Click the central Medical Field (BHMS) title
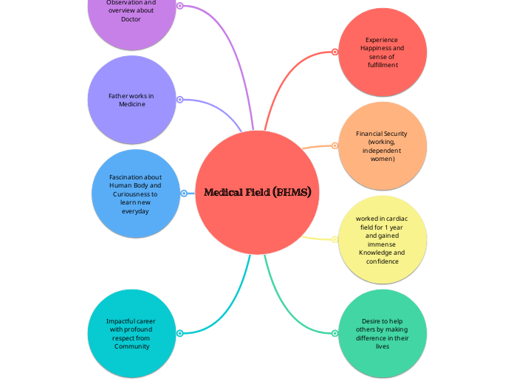[x=257, y=193]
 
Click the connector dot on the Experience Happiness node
[x=335, y=52]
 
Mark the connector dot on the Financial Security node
[x=335, y=145]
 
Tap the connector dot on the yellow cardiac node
[x=335, y=239]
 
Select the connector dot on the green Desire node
[x=335, y=333]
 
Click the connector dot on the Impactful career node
[x=179, y=333]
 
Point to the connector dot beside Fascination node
[x=183, y=193]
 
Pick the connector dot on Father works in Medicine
[x=179, y=100]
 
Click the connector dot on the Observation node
[x=179, y=6]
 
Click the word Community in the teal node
[x=131, y=346]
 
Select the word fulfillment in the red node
[x=383, y=65]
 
